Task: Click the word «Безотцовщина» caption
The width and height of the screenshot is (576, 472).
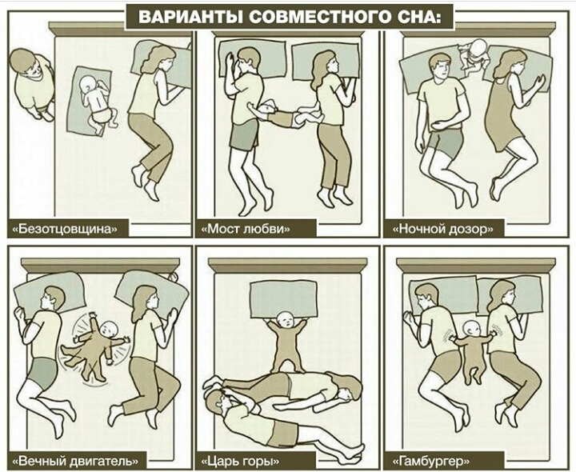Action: (65, 229)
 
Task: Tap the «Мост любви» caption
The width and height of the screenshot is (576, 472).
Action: (246, 229)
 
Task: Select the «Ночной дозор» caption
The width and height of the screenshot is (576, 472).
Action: (443, 229)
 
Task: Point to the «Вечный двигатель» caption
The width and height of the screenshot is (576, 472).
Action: (76, 461)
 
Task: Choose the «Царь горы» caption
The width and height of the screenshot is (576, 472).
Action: (241, 461)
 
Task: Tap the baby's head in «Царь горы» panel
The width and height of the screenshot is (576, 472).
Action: (286, 321)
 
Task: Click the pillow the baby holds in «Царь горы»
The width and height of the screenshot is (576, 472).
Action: (283, 299)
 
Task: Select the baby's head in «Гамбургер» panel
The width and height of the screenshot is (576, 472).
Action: (471, 330)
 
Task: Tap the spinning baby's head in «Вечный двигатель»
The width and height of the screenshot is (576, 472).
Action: (108, 329)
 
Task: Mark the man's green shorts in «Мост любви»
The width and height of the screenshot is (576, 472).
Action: (244, 134)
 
